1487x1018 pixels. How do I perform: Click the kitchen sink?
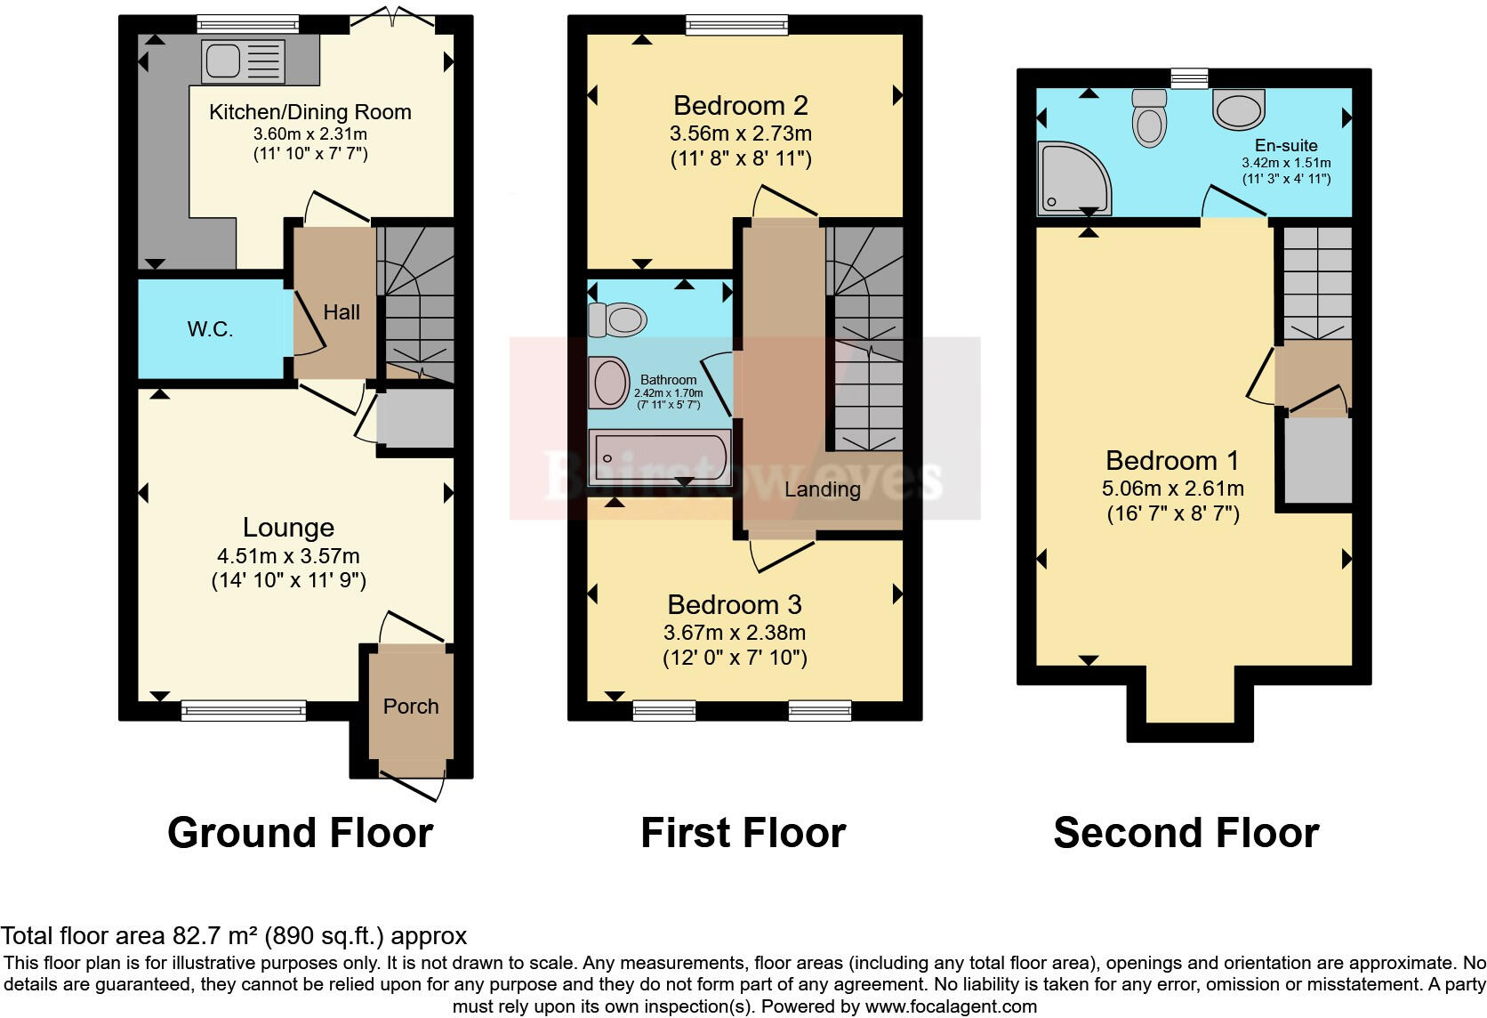[x=243, y=61]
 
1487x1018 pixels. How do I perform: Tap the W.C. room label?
[x=211, y=329]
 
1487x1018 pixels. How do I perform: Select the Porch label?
[x=411, y=707]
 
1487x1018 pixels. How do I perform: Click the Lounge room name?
[x=288, y=528]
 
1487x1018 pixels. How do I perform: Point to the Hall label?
[x=342, y=312]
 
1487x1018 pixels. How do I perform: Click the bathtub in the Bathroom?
[x=659, y=457]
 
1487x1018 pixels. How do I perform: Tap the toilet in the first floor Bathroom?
[x=618, y=319]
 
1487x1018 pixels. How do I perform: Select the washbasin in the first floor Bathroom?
[x=609, y=382]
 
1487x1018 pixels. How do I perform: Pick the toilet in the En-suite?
[x=1149, y=117]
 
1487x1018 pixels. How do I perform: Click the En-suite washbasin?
[x=1238, y=109]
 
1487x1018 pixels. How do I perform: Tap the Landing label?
[x=822, y=489]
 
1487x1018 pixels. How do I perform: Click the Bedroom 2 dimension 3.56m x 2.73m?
[x=740, y=134]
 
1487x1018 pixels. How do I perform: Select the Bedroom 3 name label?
[x=735, y=605]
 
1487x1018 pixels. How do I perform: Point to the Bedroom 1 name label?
[x=1172, y=461]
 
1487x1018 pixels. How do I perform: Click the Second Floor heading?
[x=1186, y=833]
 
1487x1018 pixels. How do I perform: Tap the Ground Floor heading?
[x=300, y=833]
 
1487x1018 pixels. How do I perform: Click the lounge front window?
[x=244, y=710]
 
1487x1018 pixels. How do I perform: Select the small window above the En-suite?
[x=1189, y=79]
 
